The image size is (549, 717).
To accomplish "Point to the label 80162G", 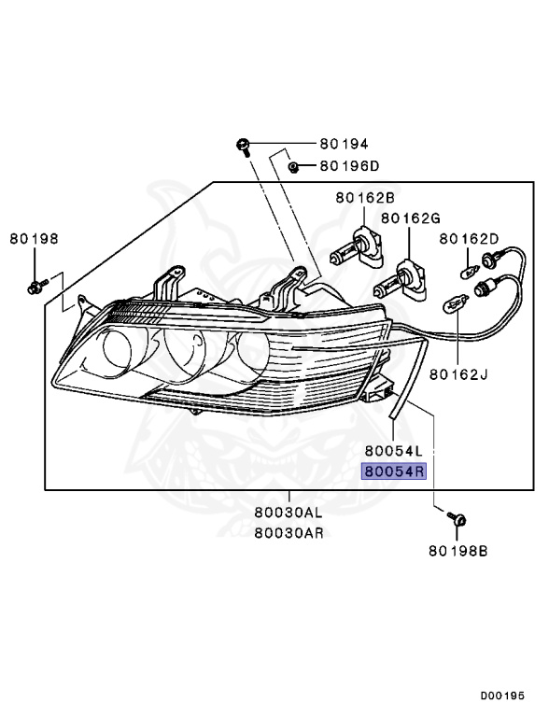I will coord(410,218).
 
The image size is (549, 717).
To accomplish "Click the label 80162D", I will coord(470,239).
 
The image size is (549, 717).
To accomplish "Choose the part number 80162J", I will coord(460,374).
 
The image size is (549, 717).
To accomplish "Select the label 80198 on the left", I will coord(35,238).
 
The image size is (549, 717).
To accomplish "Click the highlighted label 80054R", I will coord(394,472).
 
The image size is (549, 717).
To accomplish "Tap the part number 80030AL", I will coord(288,513).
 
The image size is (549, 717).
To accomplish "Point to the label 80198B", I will coord(458,551).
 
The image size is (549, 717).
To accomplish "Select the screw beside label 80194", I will coord(243,146).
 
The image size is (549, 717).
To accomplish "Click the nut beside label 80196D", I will coord(293,167).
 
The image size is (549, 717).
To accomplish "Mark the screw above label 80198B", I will coord(457,518).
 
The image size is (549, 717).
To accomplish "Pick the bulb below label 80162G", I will coord(396,277).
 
